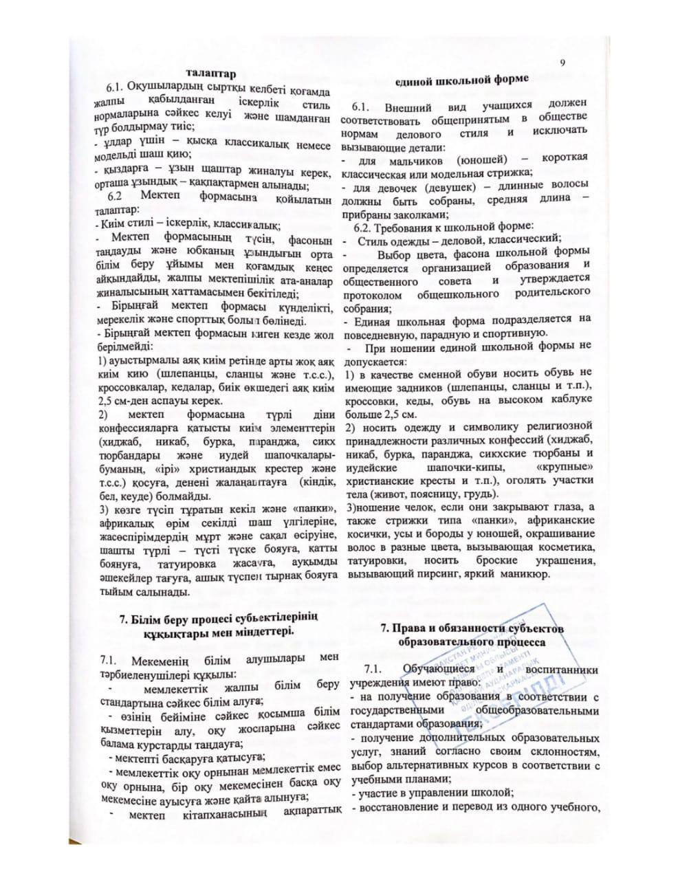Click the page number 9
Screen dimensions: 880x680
(x=562, y=64)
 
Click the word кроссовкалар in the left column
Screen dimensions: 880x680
(x=129, y=388)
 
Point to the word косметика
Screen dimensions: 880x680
(x=562, y=547)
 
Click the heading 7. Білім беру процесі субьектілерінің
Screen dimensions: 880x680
(x=219, y=617)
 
